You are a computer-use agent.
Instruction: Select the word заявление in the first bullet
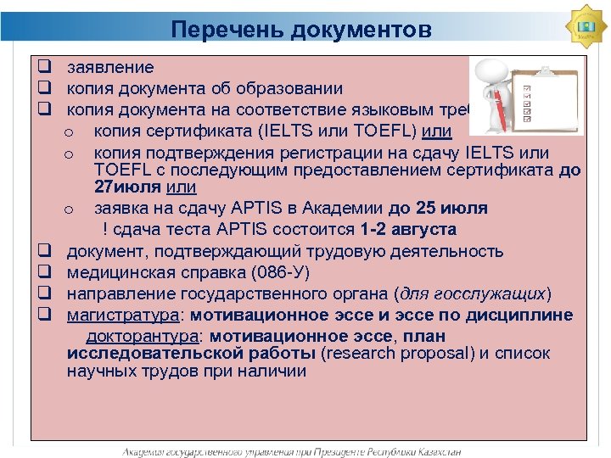pyautogui.click(x=110, y=67)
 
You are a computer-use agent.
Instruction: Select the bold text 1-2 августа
pyautogui.click(x=408, y=229)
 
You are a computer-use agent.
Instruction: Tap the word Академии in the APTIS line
pyautogui.click(x=348, y=208)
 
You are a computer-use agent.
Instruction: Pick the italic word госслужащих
pyautogui.click(x=496, y=293)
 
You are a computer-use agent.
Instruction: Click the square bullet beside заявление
pyautogui.click(x=45, y=66)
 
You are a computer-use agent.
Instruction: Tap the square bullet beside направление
pyautogui.click(x=45, y=293)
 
